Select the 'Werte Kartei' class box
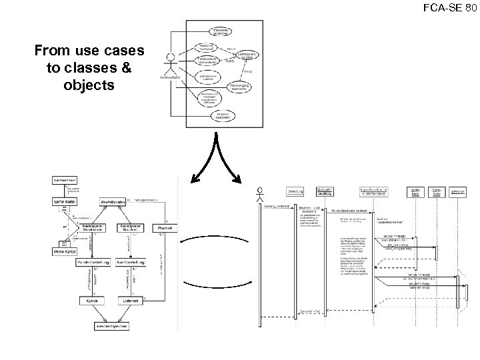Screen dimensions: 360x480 coord(64,251)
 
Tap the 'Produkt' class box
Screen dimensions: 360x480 coord(165,228)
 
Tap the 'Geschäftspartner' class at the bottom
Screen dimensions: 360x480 coord(113,327)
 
